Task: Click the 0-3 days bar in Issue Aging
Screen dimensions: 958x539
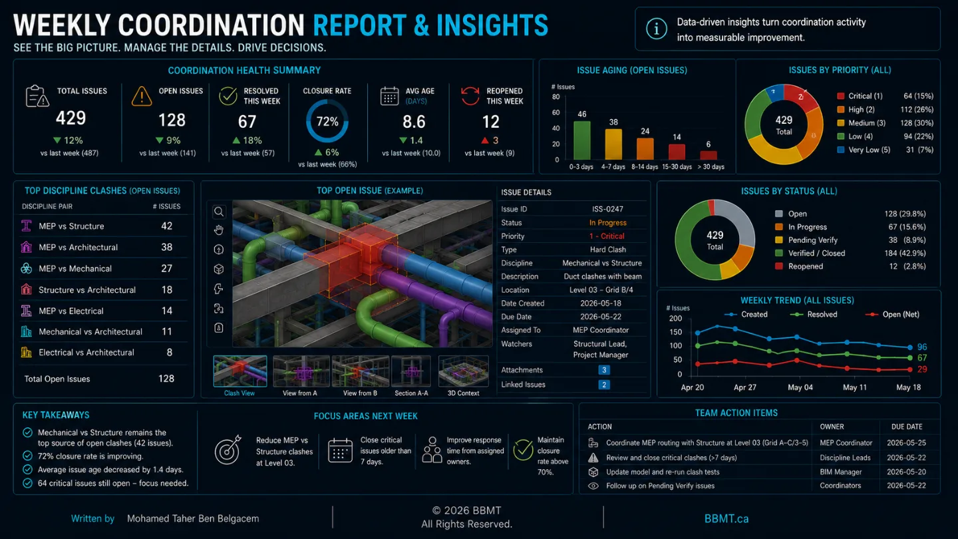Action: click(x=581, y=140)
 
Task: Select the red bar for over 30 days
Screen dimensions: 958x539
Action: click(x=709, y=155)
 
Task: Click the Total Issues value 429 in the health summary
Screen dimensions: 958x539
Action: click(x=71, y=118)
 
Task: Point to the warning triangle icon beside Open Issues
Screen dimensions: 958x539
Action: click(x=142, y=96)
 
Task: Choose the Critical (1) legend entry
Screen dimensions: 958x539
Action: click(x=860, y=96)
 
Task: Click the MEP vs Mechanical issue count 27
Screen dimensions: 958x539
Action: click(x=166, y=268)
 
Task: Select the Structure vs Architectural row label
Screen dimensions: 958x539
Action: click(x=86, y=289)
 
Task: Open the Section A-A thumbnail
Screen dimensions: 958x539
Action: click(x=411, y=371)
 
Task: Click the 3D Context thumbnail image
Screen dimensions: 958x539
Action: click(x=463, y=371)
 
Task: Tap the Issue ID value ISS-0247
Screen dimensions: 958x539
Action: click(x=607, y=209)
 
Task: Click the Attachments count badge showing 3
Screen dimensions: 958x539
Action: click(x=604, y=370)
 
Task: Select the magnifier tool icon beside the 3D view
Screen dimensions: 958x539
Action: click(x=218, y=212)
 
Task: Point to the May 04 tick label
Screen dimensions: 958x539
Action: click(x=800, y=387)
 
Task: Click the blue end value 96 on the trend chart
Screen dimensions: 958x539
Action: click(x=922, y=347)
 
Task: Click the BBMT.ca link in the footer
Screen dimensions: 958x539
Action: click(x=726, y=519)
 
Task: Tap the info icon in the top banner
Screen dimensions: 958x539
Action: click(x=656, y=29)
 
